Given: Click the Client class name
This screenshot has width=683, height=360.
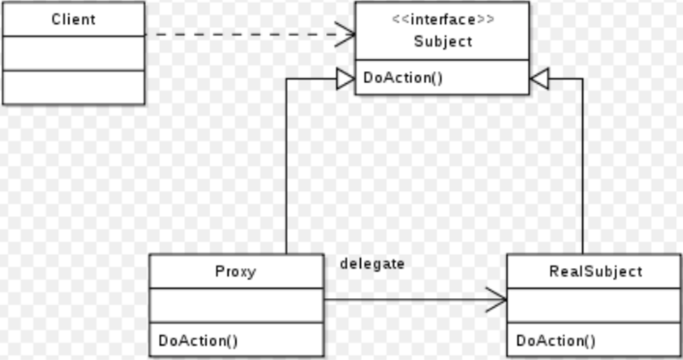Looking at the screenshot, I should coord(73,19).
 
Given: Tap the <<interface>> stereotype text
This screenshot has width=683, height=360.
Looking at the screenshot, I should coord(443,19).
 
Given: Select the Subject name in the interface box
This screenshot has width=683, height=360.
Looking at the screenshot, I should coord(443,42).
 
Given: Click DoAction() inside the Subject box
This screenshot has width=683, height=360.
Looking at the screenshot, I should coord(403,78).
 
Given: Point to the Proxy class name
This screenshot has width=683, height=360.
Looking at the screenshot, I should coord(236,271).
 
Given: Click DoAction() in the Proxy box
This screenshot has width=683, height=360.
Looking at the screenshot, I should coord(198,340).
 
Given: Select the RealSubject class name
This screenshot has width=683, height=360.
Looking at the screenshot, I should coord(595,271).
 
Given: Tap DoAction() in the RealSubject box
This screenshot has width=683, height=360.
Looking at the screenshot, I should coord(556,340).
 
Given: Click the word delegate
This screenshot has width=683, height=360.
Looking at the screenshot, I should coord(372,263).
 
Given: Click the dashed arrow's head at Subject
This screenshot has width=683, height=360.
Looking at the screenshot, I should coord(347,34).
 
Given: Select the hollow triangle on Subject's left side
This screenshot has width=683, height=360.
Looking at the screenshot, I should coord(345,79).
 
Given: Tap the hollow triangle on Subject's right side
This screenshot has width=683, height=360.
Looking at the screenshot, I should coord(538,79).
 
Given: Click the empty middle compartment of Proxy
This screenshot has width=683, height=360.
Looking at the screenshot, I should coord(236,305).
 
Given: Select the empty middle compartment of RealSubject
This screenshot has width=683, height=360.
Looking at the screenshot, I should coord(595,305).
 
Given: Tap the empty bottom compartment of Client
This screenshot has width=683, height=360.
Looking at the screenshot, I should coord(73,87).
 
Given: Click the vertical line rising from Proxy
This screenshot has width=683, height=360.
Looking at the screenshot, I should coord(286,168).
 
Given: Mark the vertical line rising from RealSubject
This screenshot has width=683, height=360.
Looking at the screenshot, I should coord(582,168).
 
